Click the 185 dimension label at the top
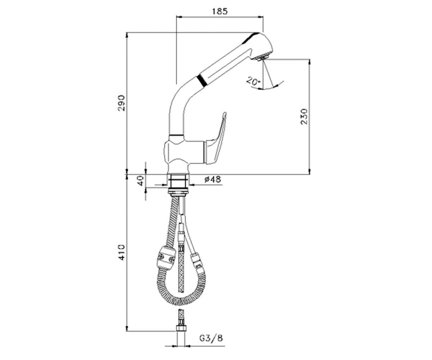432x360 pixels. [x=220, y=12]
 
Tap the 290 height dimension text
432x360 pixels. [x=121, y=103]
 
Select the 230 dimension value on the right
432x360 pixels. [x=304, y=117]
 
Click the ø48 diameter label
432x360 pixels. [x=213, y=179]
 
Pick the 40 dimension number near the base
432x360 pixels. [x=140, y=181]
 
